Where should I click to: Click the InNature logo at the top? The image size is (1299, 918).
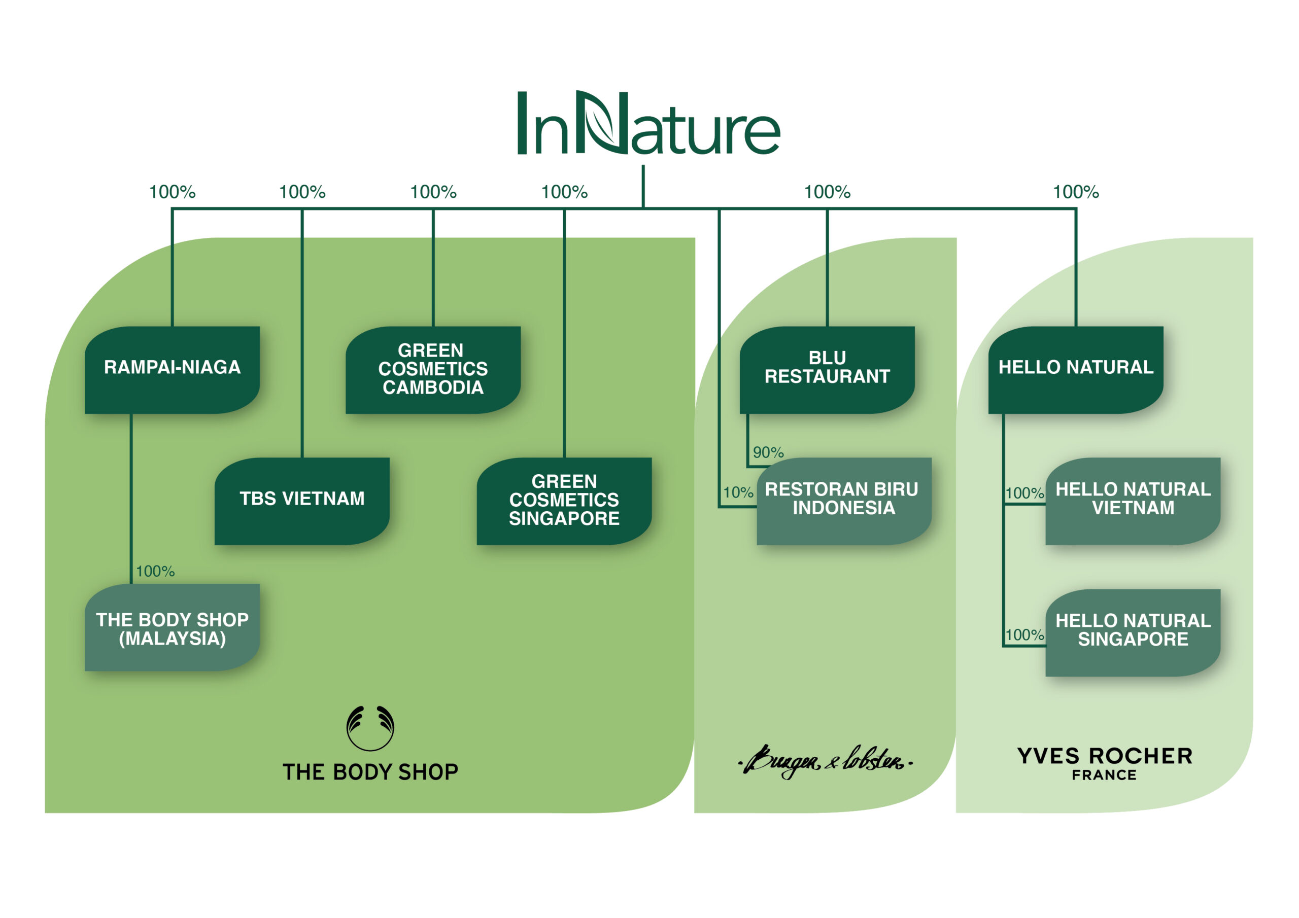point(648,123)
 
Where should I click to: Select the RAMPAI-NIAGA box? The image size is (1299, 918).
point(172,369)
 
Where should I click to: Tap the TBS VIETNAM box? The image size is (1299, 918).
point(301,501)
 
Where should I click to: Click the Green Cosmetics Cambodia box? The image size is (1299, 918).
point(433,369)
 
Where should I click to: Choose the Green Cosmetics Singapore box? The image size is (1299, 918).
point(564,501)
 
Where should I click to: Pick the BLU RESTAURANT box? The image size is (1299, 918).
point(827,369)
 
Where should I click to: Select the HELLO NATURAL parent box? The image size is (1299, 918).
point(1076,369)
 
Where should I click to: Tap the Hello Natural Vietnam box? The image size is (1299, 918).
point(1133,501)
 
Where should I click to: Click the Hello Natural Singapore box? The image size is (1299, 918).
point(1133,632)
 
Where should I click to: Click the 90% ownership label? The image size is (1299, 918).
point(768,452)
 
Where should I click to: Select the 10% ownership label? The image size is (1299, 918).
point(738,492)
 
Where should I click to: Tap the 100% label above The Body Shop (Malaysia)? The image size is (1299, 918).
point(155,571)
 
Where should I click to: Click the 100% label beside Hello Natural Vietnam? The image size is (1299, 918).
point(1024,492)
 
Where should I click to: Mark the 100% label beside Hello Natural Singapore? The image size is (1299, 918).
point(1024,634)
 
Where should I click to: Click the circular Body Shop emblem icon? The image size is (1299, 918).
point(370,727)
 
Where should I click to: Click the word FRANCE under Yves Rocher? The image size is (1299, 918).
point(1104,775)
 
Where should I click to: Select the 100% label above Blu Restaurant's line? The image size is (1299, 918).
point(827,192)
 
